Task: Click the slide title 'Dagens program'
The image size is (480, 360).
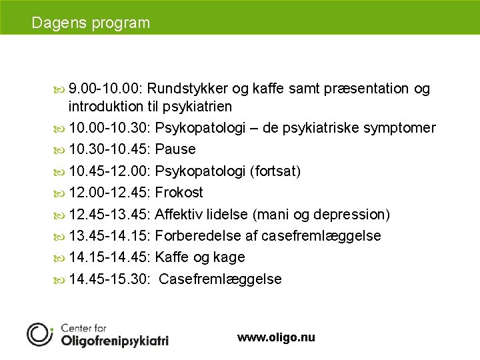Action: click(x=91, y=23)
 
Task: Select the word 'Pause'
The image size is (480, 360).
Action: click(x=175, y=149)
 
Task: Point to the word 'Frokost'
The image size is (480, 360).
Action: click(x=179, y=193)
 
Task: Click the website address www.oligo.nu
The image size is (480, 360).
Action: click(x=276, y=338)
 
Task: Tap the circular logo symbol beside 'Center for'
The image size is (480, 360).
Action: click(x=39, y=334)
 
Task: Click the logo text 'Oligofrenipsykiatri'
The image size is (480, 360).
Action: click(x=115, y=340)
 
